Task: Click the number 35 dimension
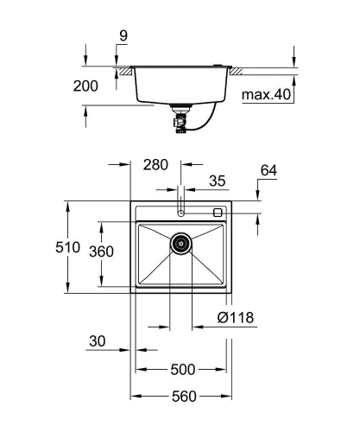217,181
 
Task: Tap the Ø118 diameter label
234,318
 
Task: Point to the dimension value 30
99,341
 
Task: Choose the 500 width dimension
181,369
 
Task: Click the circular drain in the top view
180,245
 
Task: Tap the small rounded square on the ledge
218,212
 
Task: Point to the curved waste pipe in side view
203,123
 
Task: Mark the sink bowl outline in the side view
181,86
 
